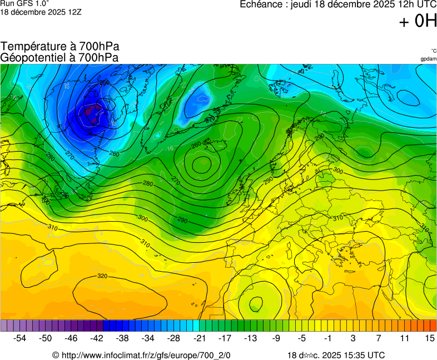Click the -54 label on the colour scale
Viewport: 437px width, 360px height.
click(x=20, y=338)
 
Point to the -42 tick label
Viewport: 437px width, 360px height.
click(x=97, y=338)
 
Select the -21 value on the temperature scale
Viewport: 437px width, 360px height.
click(x=199, y=338)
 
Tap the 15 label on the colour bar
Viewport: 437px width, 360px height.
click(x=429, y=338)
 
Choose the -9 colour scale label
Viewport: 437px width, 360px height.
click(x=276, y=338)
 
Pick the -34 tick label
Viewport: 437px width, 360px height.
click(x=148, y=338)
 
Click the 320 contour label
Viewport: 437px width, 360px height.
click(x=102, y=276)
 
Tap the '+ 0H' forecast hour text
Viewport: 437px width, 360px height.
click(x=418, y=21)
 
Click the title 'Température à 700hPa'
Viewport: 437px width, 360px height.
click(x=60, y=47)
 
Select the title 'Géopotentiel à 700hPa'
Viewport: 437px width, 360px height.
click(x=59, y=57)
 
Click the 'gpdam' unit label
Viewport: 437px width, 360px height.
click(x=428, y=59)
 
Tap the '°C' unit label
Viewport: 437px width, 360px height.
click(x=433, y=51)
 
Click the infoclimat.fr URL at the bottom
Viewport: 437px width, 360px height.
click(x=141, y=355)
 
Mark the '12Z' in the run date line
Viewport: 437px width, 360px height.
click(x=75, y=12)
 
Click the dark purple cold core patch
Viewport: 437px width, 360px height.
click(x=92, y=111)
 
